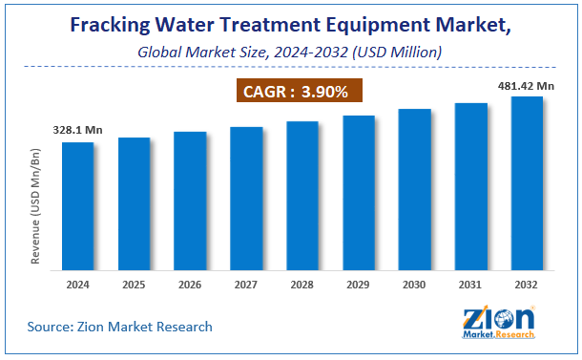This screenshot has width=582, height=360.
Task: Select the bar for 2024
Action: [x=78, y=205]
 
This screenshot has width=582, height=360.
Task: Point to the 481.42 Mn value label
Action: [x=524, y=85]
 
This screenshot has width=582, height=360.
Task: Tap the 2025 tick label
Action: [x=134, y=284]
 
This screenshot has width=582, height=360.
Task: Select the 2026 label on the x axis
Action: [x=190, y=284]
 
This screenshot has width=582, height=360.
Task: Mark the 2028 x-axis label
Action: [x=302, y=284]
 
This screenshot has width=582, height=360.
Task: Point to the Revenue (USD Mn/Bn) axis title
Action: [x=37, y=204]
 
